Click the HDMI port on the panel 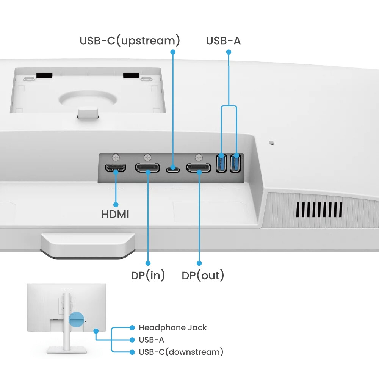pos(116,168)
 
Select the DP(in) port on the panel pos(147,168)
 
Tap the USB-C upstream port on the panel pos(173,168)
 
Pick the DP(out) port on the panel pos(199,168)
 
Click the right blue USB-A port pos(236,163)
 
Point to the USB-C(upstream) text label pos(130,41)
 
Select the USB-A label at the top pos(223,41)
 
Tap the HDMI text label pos(115,215)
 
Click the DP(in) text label pos(148,276)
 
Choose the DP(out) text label pos(203,276)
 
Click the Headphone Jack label pos(172,327)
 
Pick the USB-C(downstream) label pos(181,352)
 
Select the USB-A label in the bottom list pos(151,340)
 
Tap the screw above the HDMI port pos(116,156)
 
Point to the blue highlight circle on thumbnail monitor pos(76,319)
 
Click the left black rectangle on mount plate pos(44,76)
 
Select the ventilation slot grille pos(319,210)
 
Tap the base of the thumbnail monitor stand pos(66,350)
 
